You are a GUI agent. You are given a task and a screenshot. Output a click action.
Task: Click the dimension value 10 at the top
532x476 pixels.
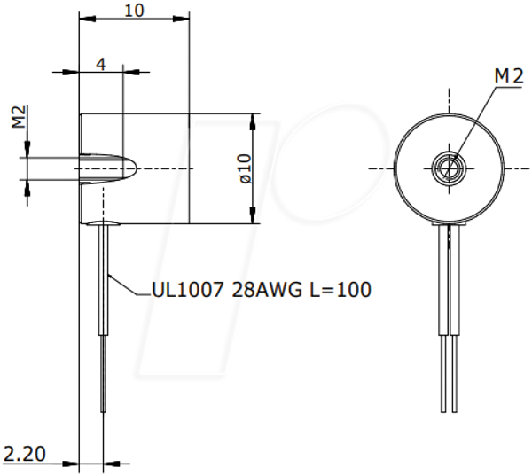point(135,11)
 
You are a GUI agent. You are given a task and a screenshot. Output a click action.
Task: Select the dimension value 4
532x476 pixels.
point(101,64)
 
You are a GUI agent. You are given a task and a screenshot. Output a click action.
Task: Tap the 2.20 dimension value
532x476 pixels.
point(24,454)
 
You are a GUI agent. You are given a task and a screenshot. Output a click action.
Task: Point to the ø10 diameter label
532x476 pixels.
point(246,168)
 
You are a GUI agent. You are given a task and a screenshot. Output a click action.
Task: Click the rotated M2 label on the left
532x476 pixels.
point(19,117)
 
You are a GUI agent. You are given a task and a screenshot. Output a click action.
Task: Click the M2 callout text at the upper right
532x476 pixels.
point(509,76)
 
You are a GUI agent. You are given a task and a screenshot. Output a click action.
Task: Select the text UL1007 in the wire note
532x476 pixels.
point(188,289)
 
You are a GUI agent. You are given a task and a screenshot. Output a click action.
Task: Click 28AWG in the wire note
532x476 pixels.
point(266,289)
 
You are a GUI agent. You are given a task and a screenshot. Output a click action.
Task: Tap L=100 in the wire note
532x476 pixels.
point(340,289)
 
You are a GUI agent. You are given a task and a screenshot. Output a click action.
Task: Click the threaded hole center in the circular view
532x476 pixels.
point(449,168)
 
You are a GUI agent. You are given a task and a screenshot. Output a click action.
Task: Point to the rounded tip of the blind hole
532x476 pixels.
point(135,168)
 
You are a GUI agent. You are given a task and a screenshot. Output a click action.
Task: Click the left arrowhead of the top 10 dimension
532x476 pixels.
point(87,19)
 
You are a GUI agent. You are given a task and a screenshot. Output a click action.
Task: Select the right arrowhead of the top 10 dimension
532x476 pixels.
point(181,19)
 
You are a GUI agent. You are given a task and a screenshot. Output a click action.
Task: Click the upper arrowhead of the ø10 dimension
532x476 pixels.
point(253,121)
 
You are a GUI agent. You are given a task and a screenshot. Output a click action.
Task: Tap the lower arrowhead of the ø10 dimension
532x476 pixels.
point(253,215)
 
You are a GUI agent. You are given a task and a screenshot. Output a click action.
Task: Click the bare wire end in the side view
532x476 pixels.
point(103,373)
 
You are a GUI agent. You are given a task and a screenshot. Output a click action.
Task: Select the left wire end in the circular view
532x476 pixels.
point(443,373)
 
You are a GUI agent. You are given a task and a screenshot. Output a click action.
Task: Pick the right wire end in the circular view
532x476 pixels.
point(454,373)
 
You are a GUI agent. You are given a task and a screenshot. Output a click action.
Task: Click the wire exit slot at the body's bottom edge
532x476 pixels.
point(103,222)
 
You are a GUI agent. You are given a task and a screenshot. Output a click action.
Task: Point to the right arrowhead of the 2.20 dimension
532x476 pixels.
point(112,463)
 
